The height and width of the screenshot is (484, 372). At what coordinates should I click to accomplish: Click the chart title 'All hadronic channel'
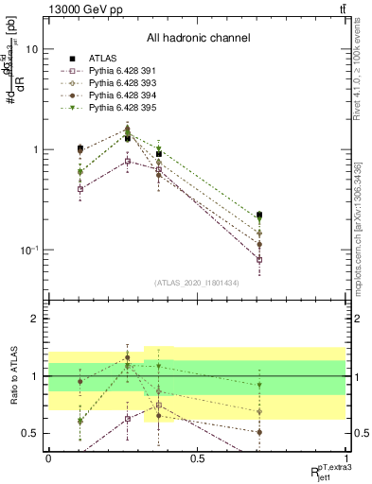coord(198,38)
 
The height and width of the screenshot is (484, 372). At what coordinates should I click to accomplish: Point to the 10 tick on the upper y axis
coord(35,50)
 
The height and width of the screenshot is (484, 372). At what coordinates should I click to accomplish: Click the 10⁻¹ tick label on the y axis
coord(31,251)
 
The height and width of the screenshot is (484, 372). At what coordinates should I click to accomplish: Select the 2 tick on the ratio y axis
coord(38,320)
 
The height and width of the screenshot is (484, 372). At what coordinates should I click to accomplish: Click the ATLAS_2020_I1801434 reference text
coord(198,283)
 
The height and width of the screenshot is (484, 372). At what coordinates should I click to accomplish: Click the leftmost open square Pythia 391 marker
coord(80,189)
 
